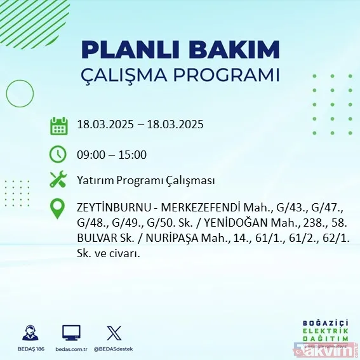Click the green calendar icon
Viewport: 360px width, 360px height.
click(58, 125)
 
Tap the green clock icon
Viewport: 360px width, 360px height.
click(58, 154)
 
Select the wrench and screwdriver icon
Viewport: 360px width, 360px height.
click(58, 180)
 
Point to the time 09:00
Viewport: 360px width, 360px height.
click(90, 154)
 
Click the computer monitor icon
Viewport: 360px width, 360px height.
click(71, 333)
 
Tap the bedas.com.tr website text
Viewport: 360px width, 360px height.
click(71, 350)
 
